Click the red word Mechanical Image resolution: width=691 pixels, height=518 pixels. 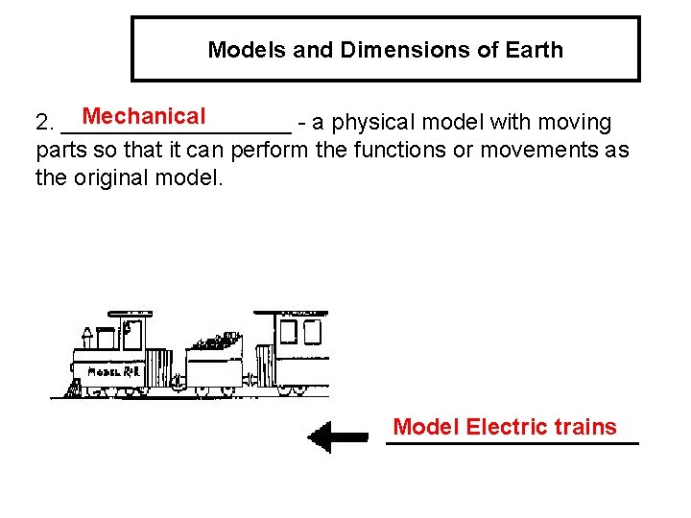[x=144, y=117]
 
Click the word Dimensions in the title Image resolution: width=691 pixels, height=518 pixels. [x=382, y=49]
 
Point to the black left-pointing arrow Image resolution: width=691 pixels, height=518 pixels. [x=337, y=436]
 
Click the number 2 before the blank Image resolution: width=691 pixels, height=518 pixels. [x=42, y=124]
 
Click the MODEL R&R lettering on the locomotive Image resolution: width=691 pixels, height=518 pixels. [x=114, y=371]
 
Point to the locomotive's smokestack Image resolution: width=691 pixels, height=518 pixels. [x=87, y=337]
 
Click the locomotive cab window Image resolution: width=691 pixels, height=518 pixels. [x=131, y=334]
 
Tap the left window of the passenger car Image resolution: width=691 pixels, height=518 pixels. [x=288, y=331]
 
